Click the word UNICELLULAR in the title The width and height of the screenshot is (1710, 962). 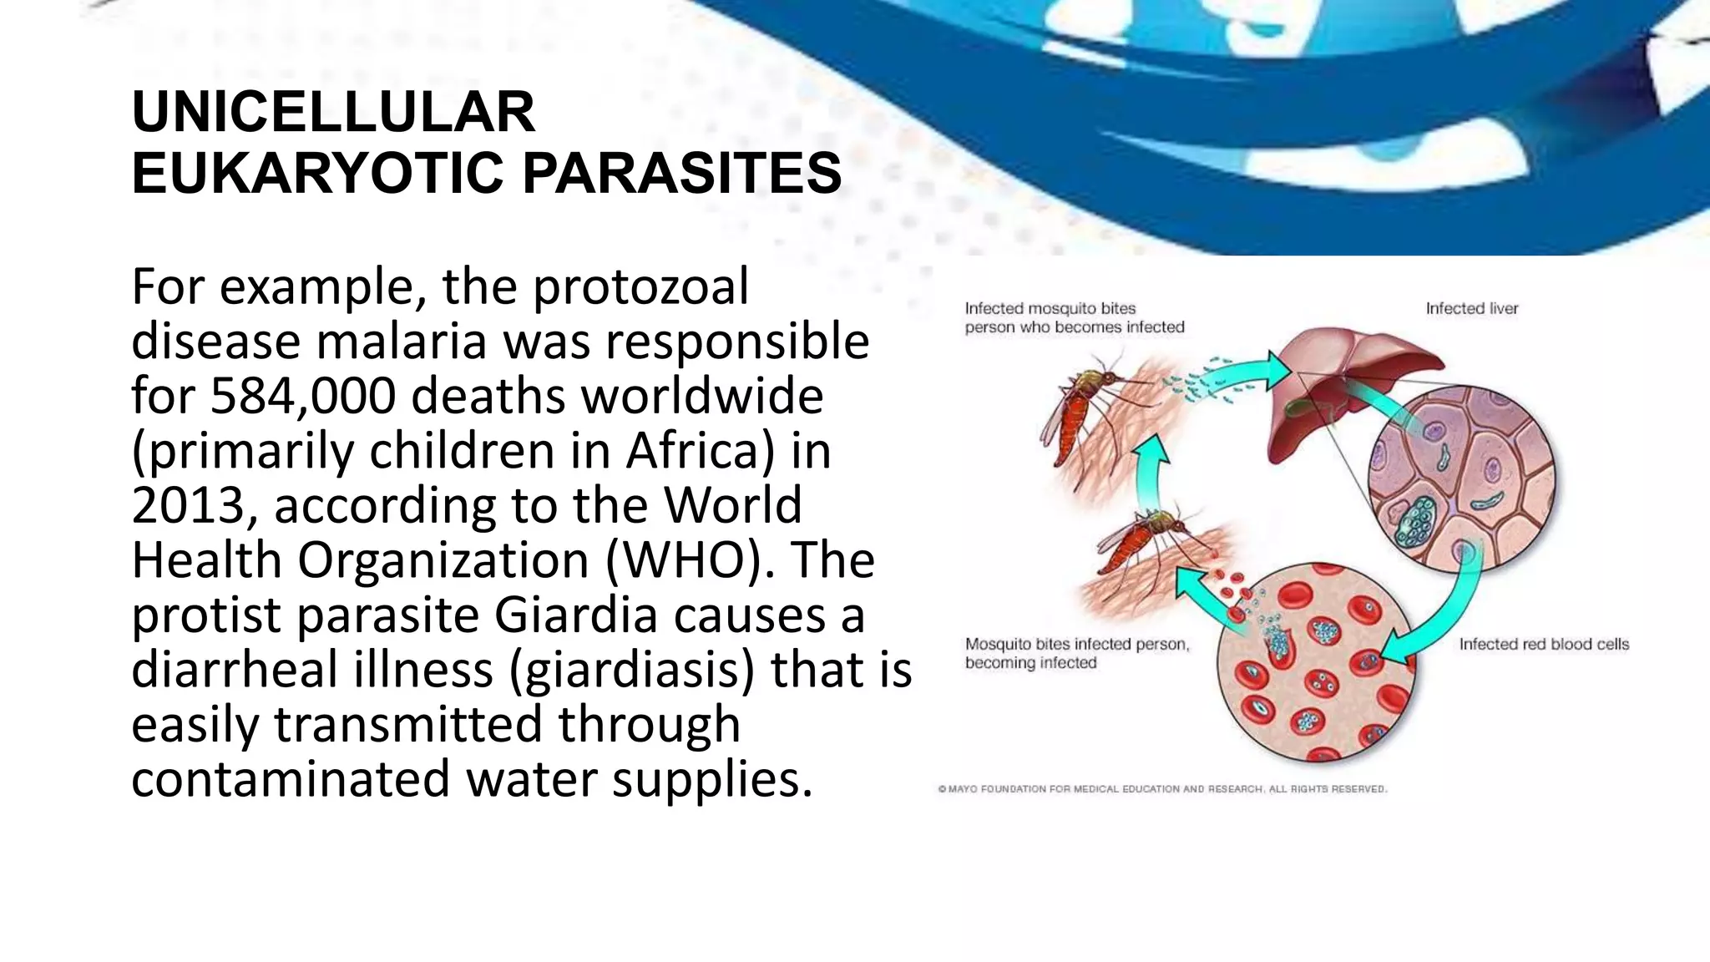tap(333, 112)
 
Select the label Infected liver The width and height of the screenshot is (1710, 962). tap(1471, 308)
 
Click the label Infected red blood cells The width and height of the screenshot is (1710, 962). tap(1543, 644)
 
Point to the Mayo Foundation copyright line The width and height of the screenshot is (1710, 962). tap(1161, 788)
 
